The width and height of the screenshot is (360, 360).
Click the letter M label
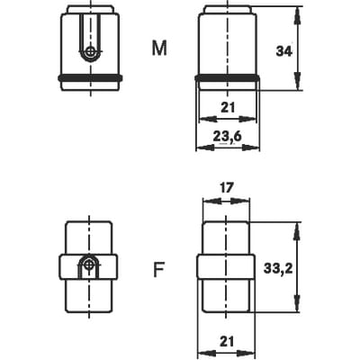point(159,49)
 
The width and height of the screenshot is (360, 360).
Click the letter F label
point(158,270)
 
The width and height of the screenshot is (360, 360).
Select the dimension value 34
point(283,51)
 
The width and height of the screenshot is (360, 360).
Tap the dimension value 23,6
point(227,137)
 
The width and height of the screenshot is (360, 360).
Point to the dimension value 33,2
point(278,268)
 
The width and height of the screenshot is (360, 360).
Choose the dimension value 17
point(226,188)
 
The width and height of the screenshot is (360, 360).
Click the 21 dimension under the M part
point(228,107)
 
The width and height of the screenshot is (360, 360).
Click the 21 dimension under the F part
point(227,341)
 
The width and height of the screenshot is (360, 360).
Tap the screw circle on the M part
point(90,52)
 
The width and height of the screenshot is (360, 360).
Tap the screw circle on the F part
point(89,264)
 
